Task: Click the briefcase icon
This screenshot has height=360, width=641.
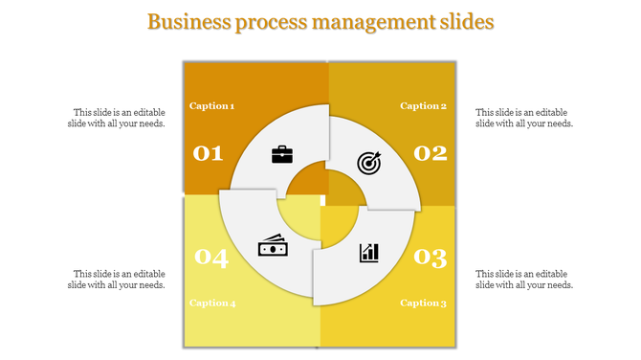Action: coord(282,154)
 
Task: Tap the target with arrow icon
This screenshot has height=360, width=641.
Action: coord(368,163)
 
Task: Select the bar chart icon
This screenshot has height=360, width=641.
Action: coord(368,252)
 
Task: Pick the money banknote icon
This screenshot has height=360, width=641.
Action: coord(273,246)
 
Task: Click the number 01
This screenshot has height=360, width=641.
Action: coord(208,153)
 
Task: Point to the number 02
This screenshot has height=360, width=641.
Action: coord(431,153)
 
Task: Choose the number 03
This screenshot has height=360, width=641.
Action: coord(431,258)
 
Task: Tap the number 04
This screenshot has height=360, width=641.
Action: coord(211,258)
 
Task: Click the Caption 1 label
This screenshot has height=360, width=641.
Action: coord(211,106)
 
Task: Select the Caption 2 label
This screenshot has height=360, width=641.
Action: coord(423,106)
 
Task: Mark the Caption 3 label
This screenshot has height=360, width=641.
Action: coord(423,304)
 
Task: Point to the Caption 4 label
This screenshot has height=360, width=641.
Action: coord(212,304)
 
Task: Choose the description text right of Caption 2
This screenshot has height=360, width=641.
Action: coord(524,118)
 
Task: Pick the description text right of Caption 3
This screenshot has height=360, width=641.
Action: coord(524,279)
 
